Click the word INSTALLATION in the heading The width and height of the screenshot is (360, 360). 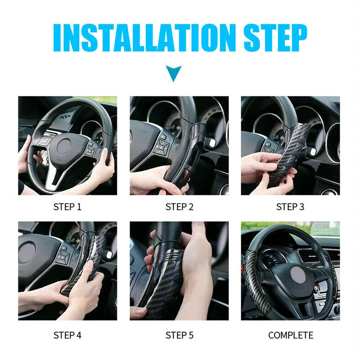(x=145, y=38)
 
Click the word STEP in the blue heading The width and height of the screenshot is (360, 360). (x=275, y=38)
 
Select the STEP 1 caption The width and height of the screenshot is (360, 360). (x=67, y=207)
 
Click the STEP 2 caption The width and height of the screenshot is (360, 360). (x=179, y=207)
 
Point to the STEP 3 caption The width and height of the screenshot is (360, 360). (x=290, y=207)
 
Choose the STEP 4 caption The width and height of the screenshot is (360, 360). (x=67, y=335)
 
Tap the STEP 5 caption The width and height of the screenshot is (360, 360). (x=179, y=335)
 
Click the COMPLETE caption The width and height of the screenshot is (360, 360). (x=291, y=335)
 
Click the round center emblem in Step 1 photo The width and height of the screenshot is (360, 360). (x=64, y=147)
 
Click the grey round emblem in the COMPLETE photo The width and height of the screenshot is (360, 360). (x=298, y=275)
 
